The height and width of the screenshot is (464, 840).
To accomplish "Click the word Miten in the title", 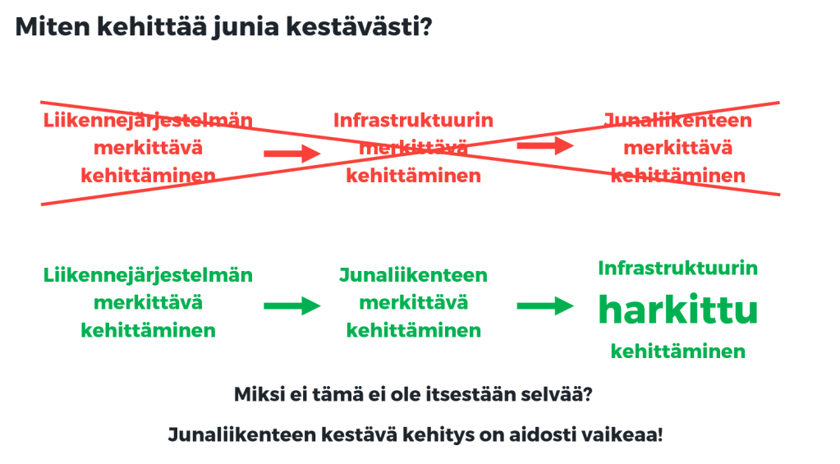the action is coord(53,26).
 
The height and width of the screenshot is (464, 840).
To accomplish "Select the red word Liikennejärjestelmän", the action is coord(148,121).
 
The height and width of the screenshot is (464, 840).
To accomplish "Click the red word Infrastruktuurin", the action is coord(413,120).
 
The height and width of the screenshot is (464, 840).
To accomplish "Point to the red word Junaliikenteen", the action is coord(677,120).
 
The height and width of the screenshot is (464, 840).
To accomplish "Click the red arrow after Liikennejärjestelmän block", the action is coord(292,154).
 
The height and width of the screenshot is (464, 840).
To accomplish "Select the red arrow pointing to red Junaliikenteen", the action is coord(545,145).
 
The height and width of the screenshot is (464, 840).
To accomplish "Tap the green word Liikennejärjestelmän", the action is coord(148,275).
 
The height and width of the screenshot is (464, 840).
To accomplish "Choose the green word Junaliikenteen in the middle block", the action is coord(413,275).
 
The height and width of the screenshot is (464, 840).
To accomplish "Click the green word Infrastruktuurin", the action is coord(677,268).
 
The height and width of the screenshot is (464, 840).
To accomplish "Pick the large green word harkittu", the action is coord(677,309).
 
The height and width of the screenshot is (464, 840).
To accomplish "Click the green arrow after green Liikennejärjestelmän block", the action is coord(292,306).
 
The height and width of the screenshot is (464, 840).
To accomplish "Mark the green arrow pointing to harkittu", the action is coord(545,306).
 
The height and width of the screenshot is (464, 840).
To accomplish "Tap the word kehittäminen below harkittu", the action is coord(677,351).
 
